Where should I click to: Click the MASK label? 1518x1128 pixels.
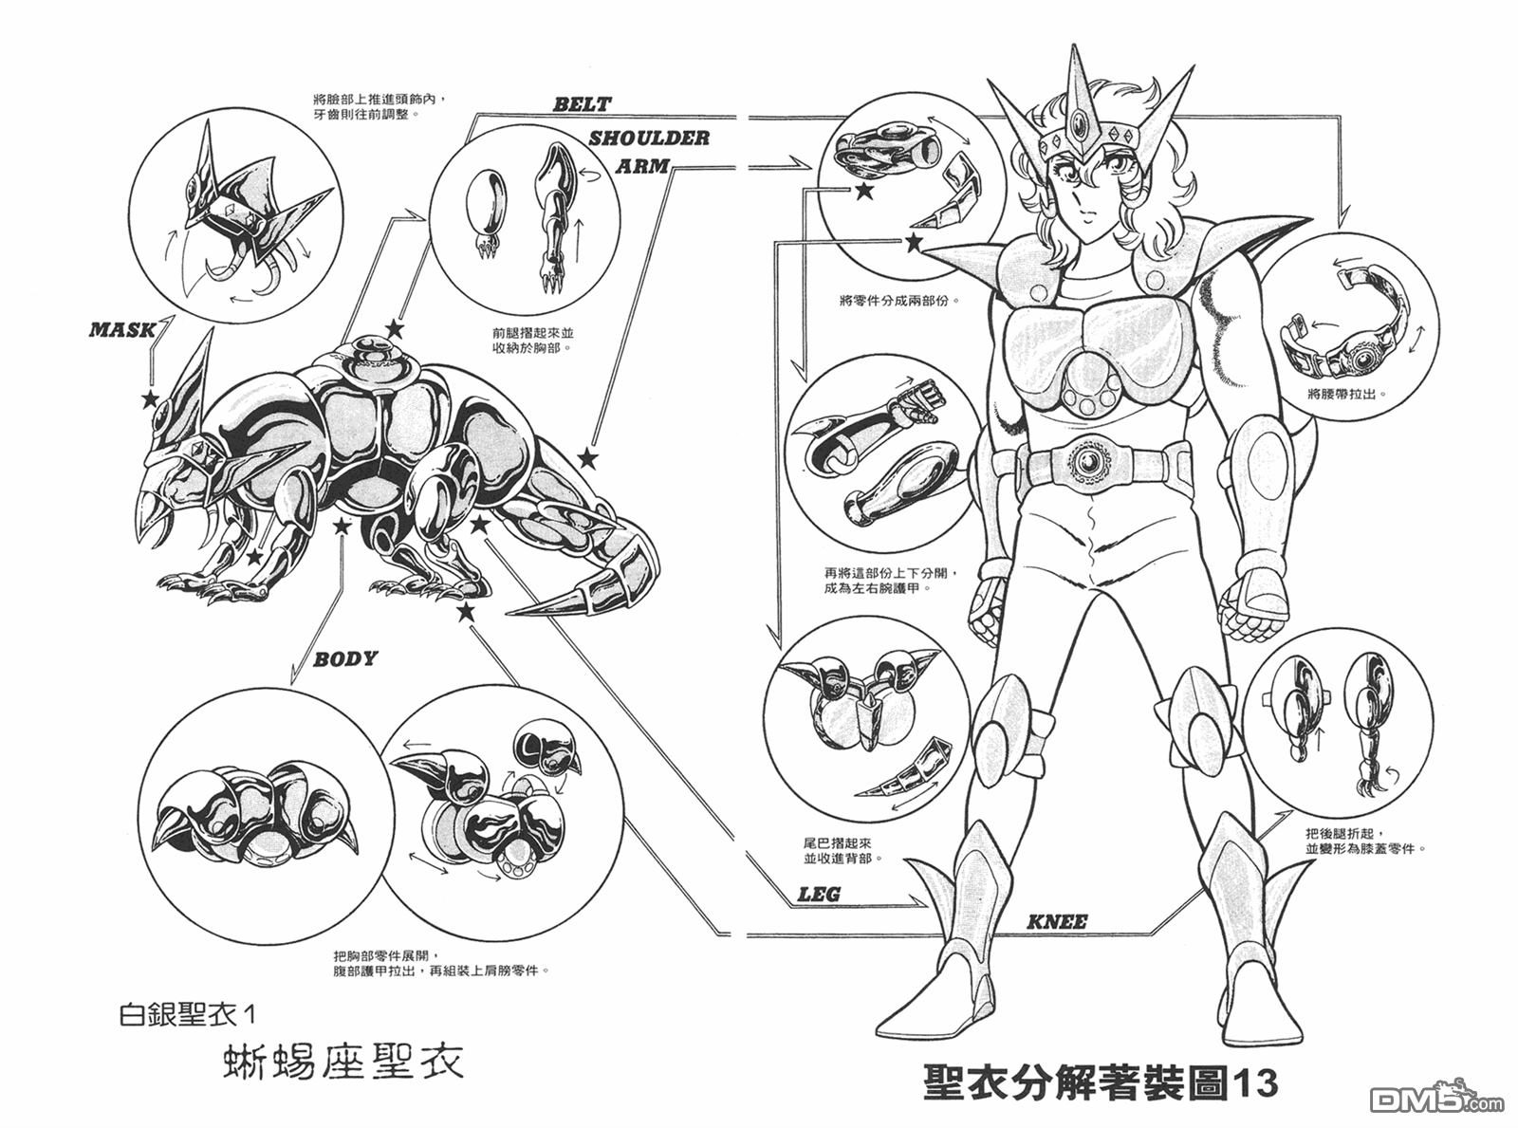tap(122, 330)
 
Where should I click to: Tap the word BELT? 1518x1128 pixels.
tap(583, 104)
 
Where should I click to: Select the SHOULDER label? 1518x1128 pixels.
tap(649, 139)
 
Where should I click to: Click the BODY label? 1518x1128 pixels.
tap(345, 658)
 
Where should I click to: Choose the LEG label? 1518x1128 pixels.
tap(819, 894)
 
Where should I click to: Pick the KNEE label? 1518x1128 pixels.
tap(1057, 921)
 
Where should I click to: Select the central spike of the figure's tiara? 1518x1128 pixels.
tap(1079, 95)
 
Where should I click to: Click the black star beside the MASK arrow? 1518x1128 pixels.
tap(150, 397)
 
